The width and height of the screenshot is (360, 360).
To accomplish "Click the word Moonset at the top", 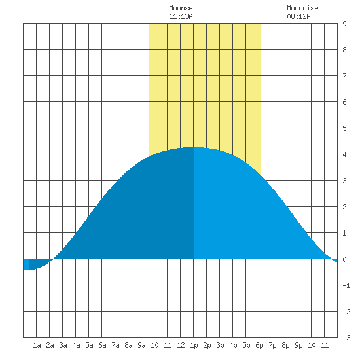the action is click(183, 8).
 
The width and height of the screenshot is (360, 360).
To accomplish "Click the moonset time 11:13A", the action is click(181, 16).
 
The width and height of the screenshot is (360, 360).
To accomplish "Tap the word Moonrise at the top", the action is click(302, 8).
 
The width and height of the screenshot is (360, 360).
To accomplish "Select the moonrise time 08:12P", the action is click(298, 16).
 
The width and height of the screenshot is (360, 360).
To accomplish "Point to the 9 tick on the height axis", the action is click(344, 24).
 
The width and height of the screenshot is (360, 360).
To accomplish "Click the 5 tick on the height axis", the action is click(344, 128).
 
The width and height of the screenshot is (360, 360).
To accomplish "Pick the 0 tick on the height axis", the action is click(344, 259).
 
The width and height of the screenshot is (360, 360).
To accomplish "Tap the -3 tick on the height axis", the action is click(346, 338).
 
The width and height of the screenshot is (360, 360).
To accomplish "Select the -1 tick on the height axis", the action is click(346, 285).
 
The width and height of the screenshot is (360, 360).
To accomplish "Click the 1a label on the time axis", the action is click(37, 345).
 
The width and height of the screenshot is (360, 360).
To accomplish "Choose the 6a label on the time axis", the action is click(102, 345).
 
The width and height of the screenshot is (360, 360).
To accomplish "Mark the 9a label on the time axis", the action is click(141, 345).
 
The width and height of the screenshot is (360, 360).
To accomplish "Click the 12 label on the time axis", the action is click(181, 345).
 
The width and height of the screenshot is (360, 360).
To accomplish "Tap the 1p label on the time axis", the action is click(194, 345).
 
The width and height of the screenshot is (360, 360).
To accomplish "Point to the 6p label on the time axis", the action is click(259, 345).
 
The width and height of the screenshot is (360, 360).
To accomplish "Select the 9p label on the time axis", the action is click(298, 345).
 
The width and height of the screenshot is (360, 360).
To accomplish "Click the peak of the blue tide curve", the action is click(194, 147).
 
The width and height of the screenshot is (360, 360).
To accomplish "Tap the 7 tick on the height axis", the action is click(344, 76).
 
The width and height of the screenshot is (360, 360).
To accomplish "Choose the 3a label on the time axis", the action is click(63, 345).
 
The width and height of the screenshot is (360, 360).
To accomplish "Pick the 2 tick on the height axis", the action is click(344, 207).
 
